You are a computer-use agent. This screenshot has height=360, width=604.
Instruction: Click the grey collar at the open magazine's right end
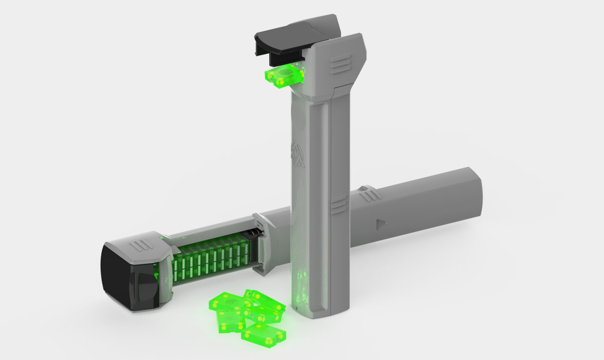262,242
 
